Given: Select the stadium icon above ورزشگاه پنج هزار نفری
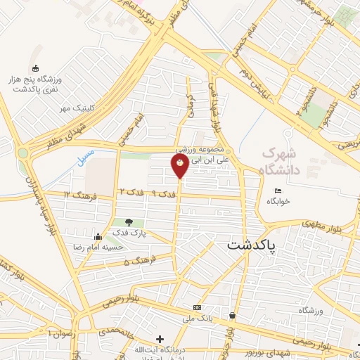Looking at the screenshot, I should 37,67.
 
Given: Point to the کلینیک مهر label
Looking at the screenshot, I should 76,108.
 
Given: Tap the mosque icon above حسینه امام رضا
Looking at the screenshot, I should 125,238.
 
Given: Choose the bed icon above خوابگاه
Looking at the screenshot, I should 277,191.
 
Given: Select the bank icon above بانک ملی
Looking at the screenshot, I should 198,308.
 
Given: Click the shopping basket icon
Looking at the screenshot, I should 233,316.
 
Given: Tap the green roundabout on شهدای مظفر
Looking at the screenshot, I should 23,153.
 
